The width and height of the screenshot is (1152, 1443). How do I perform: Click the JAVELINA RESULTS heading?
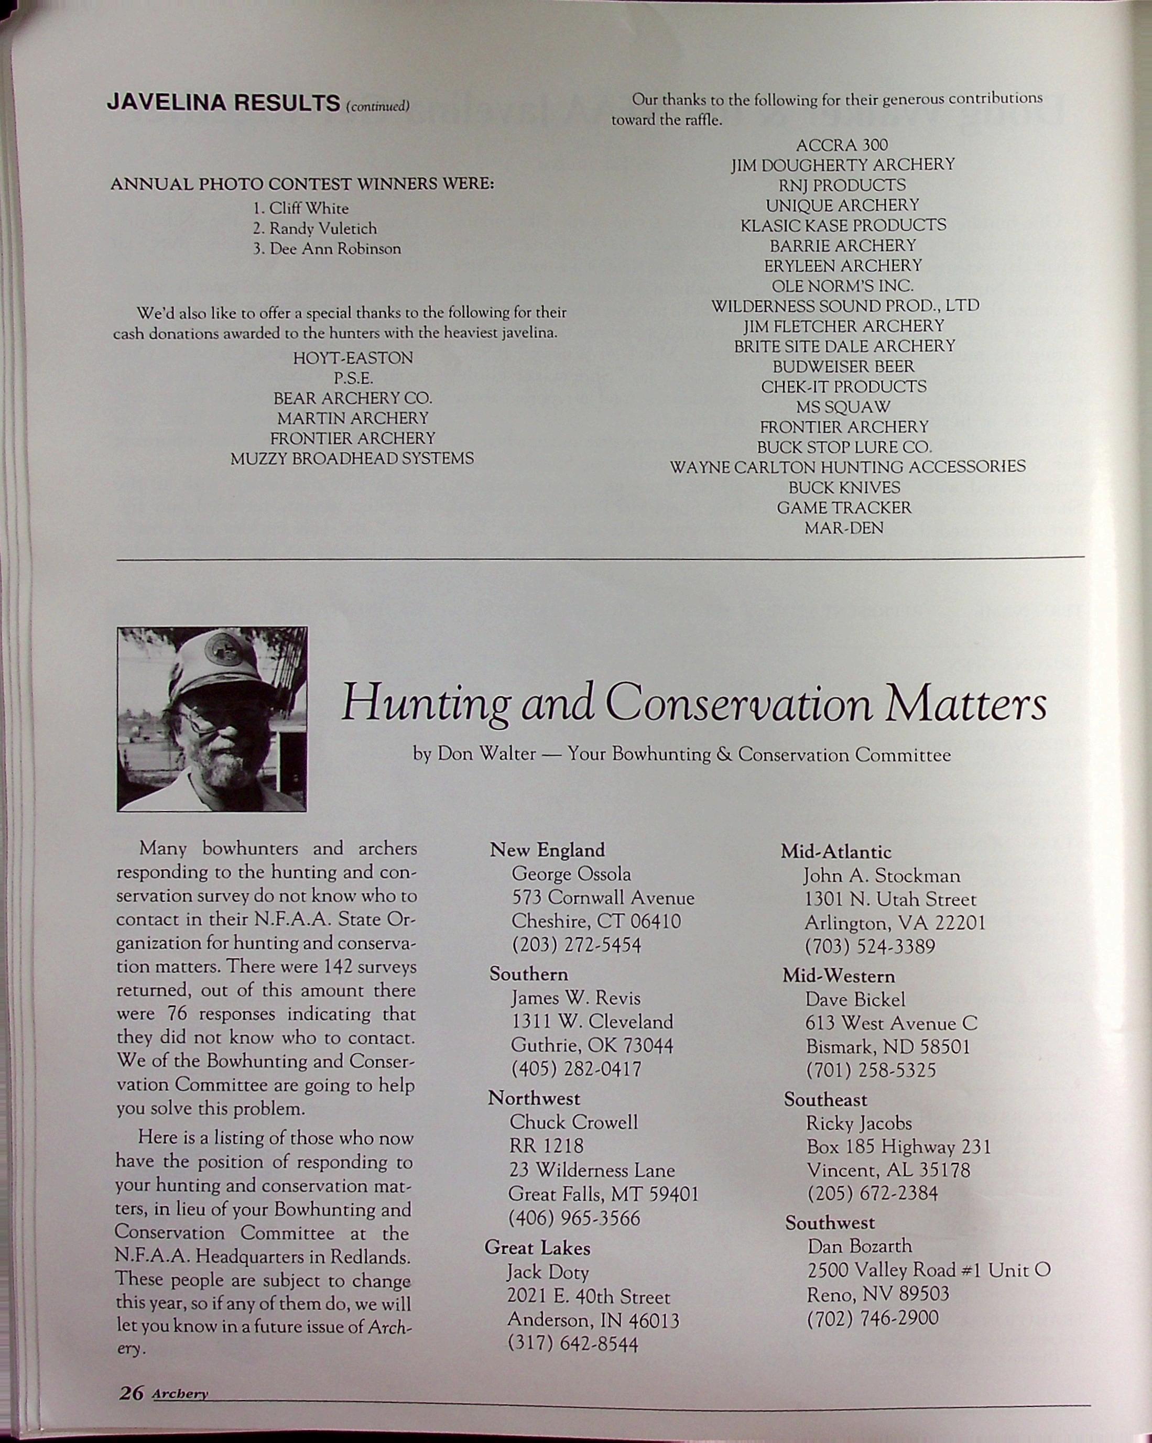coord(224,103)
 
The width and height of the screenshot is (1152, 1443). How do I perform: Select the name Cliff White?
coord(309,208)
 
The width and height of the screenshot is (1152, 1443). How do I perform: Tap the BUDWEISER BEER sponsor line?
coord(843,367)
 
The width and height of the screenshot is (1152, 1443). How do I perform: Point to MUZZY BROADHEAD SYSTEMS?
coord(352,459)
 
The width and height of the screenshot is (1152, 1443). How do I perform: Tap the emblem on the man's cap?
coord(223,649)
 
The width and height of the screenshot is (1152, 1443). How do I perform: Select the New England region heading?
coord(547,850)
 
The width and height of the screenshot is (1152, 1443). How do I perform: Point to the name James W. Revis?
coord(575,998)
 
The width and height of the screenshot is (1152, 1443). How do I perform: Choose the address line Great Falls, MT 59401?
coord(603,1194)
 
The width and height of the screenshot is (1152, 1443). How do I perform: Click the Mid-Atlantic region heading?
coord(836,852)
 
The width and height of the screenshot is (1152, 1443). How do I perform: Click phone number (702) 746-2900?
coord(872,1318)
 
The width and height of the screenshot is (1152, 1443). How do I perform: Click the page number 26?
coord(131,1392)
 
